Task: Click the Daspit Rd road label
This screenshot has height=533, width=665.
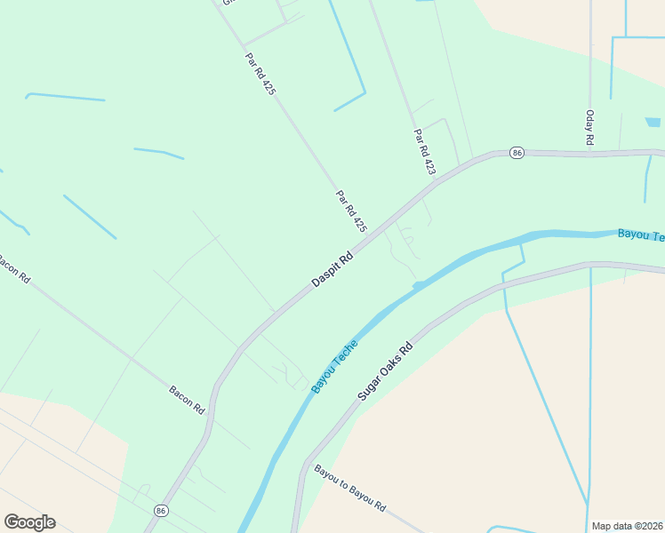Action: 333,267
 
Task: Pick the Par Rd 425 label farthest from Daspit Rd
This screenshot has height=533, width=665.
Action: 260,74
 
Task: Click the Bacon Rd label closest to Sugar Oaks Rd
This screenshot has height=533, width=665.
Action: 188,401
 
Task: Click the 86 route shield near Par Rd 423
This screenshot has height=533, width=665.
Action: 517,154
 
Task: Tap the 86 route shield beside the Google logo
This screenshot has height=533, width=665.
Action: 161,511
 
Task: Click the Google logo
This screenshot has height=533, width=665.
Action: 29,522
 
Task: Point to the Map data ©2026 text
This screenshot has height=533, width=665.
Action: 627,526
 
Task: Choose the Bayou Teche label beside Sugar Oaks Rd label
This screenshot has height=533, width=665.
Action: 334,365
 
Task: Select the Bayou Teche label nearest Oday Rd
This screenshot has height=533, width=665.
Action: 640,235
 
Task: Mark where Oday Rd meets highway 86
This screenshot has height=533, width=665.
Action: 589,154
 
